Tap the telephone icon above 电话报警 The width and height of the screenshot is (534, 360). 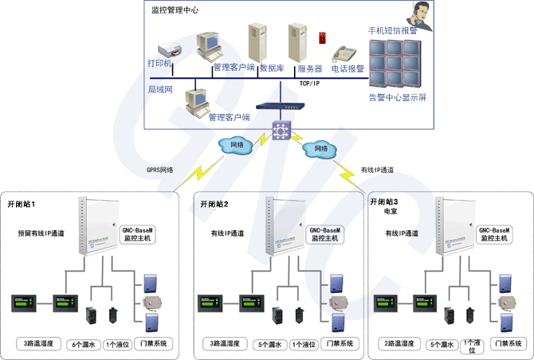[345, 54]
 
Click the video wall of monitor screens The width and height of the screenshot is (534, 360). [394, 64]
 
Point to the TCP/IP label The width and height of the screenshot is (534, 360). [309, 83]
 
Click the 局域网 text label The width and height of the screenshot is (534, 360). [160, 89]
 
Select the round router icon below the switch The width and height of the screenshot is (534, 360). [281, 130]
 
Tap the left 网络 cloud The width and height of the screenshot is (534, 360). [237, 146]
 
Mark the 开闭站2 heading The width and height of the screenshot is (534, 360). [213, 204]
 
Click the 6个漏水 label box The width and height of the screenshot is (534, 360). [83, 344]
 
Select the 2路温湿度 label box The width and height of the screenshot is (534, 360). [399, 344]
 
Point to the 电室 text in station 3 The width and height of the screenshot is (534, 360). [391, 213]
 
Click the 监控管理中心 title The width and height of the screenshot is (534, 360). [175, 10]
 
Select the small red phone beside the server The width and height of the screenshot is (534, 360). [322, 37]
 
